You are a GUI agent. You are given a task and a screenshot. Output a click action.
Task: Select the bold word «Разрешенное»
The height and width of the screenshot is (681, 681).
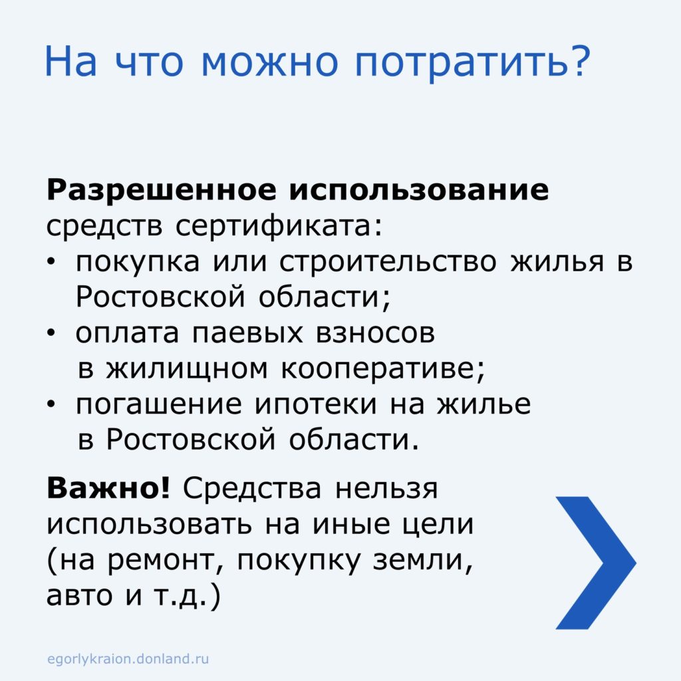[161, 191]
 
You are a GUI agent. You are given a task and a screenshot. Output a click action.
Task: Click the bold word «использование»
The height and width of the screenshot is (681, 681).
[419, 190]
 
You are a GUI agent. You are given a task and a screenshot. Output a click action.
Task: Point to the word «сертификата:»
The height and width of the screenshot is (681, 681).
[279, 226]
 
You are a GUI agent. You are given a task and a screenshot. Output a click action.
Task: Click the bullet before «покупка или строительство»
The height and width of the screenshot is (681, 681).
[51, 262]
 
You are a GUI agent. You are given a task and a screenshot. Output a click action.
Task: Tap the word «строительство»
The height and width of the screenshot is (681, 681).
[388, 262]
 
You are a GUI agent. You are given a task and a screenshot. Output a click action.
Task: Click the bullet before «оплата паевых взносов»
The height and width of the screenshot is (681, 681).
[51, 334]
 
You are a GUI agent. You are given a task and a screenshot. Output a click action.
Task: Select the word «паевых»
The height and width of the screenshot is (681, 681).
[247, 334]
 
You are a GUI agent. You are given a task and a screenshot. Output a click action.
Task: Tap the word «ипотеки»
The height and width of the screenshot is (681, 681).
[315, 404]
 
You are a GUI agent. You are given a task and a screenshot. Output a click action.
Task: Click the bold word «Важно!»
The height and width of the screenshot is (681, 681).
[108, 487]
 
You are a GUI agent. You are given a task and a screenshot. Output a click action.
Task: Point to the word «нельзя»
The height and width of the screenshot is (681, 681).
[386, 489]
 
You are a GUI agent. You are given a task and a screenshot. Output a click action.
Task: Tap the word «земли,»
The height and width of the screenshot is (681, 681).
[422, 561]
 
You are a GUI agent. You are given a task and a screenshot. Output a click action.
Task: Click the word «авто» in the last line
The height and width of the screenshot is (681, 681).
[79, 595]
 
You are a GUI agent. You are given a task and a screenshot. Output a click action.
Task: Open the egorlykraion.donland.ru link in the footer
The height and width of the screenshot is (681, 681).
[128, 659]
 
